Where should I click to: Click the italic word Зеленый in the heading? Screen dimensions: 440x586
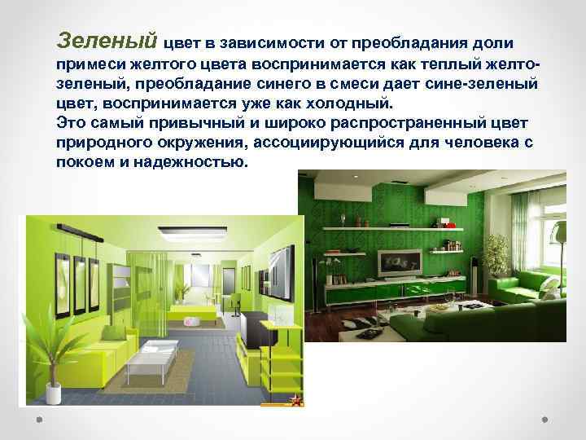click(108, 39)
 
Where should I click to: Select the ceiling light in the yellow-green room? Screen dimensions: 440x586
click(173, 235)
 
